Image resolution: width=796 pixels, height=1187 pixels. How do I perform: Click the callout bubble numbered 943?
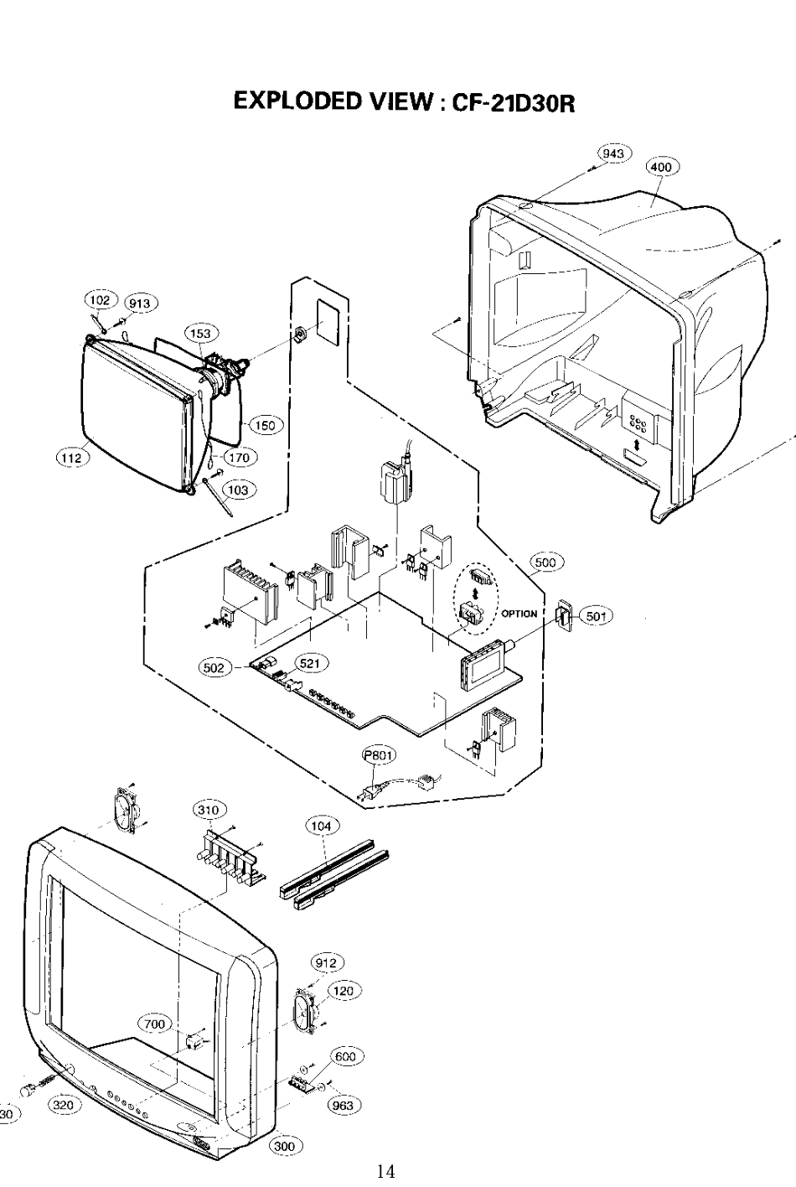[x=614, y=153]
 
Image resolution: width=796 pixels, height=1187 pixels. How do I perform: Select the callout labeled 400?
[x=661, y=168]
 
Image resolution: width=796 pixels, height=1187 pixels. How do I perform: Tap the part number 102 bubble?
[x=100, y=300]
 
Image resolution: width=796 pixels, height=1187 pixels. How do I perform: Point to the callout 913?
[x=140, y=303]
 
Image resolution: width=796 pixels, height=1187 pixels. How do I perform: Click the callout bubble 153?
[x=201, y=334]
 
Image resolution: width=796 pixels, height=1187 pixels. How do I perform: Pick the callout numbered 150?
[x=265, y=425]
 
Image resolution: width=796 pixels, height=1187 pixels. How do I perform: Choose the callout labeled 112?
[x=72, y=458]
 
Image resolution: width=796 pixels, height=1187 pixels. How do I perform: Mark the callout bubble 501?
[x=597, y=616]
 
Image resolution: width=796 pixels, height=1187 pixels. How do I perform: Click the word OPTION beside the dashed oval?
[x=519, y=614]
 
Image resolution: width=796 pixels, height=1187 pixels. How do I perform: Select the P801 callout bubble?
[x=379, y=755]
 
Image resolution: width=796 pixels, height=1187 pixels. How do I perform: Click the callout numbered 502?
[x=215, y=667]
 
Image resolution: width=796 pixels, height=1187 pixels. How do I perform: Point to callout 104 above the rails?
[x=322, y=826]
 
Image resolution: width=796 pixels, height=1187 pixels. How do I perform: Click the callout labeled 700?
[x=155, y=1024]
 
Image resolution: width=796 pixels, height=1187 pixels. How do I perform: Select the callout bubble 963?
[x=344, y=1106]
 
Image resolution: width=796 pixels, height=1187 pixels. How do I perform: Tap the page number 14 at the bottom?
[x=385, y=1170]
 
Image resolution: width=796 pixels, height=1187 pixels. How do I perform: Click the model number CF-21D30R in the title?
[x=513, y=102]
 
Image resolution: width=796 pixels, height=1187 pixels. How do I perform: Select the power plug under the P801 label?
[x=370, y=793]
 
